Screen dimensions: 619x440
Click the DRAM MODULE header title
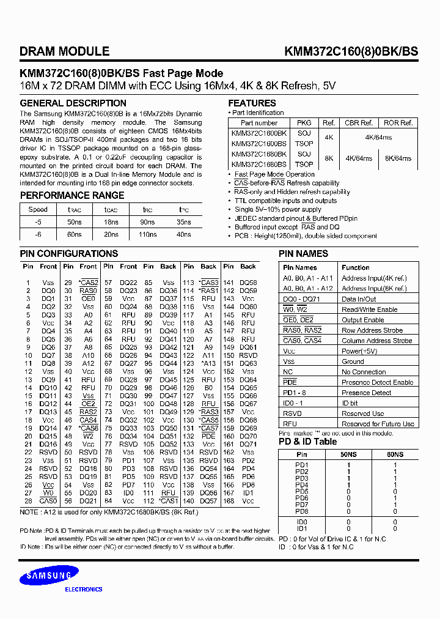point(65,52)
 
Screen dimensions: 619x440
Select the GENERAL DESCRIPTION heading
point(73,103)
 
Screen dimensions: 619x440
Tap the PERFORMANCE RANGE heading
point(72,196)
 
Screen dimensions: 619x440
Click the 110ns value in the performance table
point(148,234)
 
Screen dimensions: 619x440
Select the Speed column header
point(38,209)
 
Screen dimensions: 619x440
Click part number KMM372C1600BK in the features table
point(258,133)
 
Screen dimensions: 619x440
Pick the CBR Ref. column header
point(359,123)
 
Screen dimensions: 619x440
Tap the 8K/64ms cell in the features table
point(398,158)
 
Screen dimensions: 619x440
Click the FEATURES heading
point(252,103)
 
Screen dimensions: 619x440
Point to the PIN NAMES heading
point(303,254)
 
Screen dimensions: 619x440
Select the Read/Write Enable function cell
point(369,309)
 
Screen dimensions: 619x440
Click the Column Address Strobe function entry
point(376,341)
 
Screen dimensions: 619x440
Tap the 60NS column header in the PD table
point(395,455)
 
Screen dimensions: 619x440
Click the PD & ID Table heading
point(307,442)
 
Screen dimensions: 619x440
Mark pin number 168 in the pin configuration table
point(229,501)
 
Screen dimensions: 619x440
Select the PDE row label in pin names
point(290,382)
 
